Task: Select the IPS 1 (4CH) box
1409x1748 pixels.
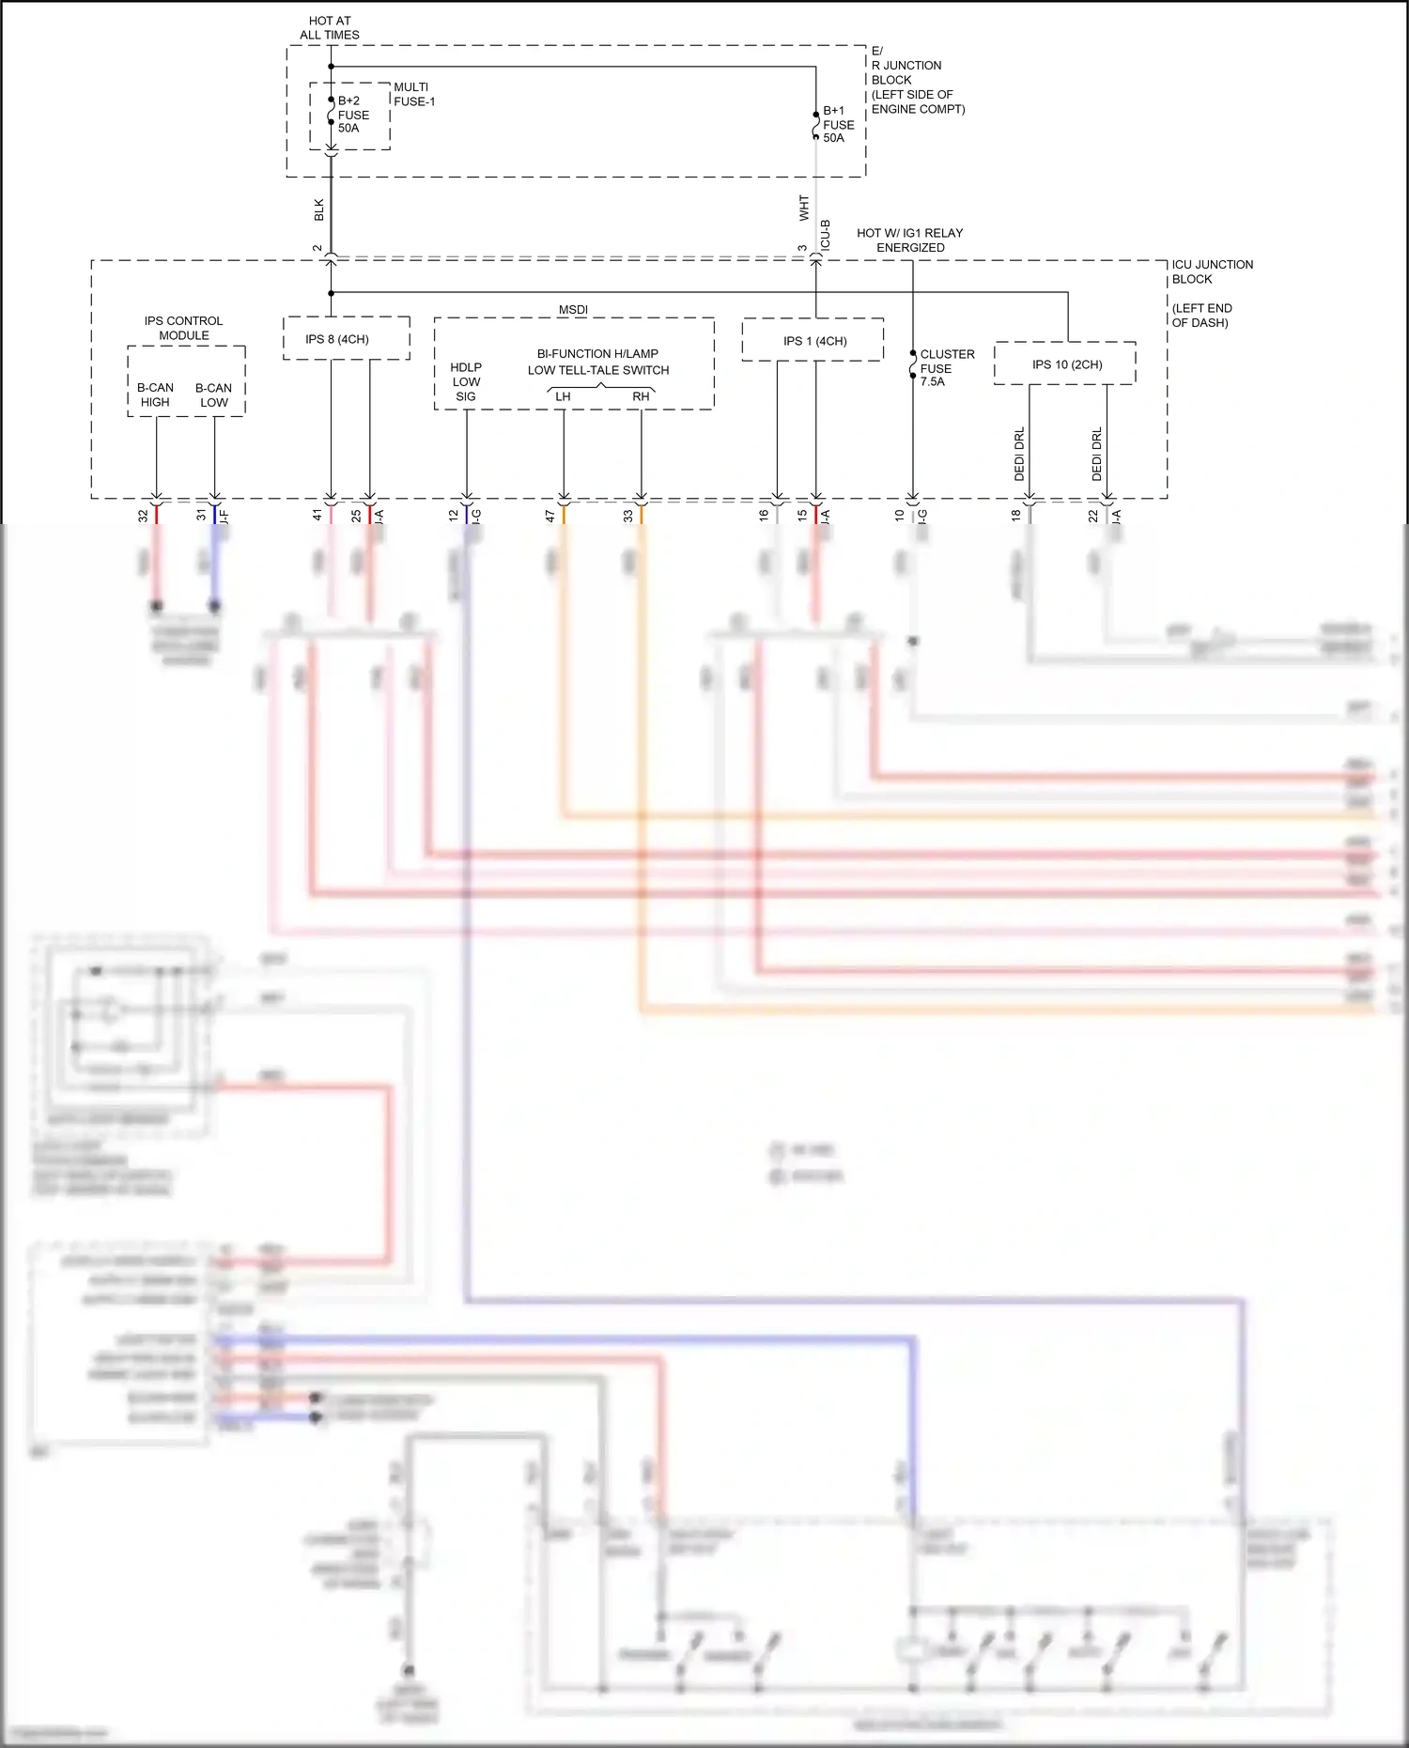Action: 813,340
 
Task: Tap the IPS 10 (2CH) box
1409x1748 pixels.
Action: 1065,364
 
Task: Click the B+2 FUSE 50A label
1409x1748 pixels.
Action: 353,115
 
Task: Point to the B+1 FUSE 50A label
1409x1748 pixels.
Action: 838,124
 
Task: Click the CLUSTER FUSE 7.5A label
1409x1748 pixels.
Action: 946,368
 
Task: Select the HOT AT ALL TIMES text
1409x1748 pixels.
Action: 330,27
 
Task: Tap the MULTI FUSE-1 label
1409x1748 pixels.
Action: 413,94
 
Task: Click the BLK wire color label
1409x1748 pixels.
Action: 319,210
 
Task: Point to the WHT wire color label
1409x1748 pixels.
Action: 804,208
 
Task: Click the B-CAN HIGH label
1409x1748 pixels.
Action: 155,394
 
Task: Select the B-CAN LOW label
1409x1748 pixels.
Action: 213,394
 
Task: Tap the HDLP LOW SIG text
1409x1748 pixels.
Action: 466,381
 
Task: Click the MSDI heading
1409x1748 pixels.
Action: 573,310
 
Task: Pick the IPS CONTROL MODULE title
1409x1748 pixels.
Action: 183,328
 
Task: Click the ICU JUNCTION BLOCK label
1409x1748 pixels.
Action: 1211,271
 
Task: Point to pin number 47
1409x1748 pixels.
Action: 550,516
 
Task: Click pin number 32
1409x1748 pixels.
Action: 143,516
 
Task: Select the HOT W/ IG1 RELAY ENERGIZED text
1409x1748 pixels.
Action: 909,240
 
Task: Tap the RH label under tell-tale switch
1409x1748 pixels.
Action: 641,396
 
